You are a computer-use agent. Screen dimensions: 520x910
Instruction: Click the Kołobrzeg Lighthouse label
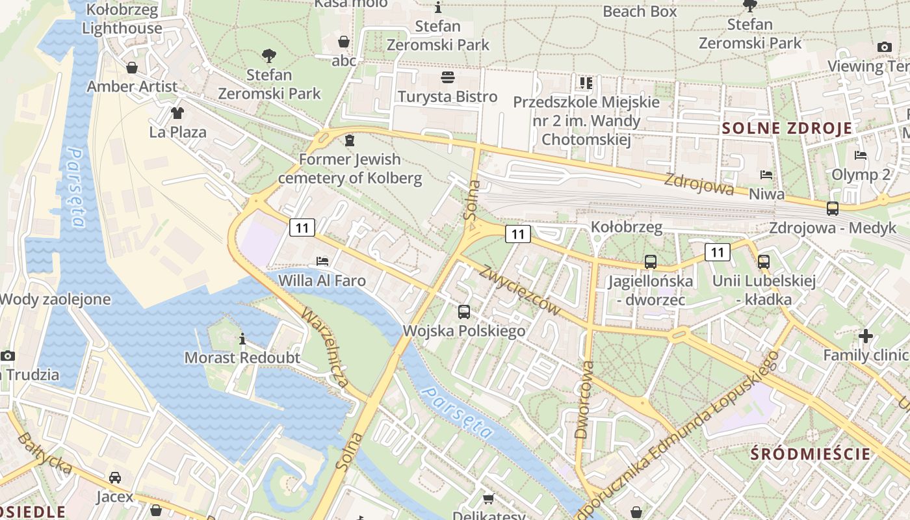[x=122, y=19]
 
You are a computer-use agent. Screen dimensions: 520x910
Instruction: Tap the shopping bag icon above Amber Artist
[x=132, y=68]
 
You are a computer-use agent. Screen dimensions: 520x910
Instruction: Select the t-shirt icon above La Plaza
[x=177, y=113]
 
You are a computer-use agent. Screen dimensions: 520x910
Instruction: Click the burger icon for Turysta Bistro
[x=447, y=78]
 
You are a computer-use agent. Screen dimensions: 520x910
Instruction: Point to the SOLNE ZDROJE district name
[x=787, y=128]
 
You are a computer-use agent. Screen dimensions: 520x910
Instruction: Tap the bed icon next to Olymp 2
[x=861, y=155]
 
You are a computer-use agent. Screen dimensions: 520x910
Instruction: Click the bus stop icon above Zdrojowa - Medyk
[x=832, y=209]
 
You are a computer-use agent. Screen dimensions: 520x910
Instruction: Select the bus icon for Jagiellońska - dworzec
[x=650, y=262]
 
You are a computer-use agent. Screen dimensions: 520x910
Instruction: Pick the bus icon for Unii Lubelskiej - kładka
[x=764, y=262]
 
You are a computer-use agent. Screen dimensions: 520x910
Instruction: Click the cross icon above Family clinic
[x=865, y=336]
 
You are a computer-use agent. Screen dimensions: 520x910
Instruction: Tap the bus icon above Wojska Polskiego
[x=464, y=312]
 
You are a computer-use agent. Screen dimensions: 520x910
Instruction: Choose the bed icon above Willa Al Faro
[x=322, y=261]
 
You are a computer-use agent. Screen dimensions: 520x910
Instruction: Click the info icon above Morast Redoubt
[x=242, y=339]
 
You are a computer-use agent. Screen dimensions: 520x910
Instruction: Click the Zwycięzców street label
[x=520, y=291]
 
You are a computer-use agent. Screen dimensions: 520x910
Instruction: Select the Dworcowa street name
[x=584, y=400]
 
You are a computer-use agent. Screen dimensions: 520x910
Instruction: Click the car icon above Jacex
[x=115, y=478]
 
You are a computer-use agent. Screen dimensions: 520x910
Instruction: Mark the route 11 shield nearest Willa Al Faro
[x=302, y=227]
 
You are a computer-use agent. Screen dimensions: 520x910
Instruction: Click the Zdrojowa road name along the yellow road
[x=699, y=184]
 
